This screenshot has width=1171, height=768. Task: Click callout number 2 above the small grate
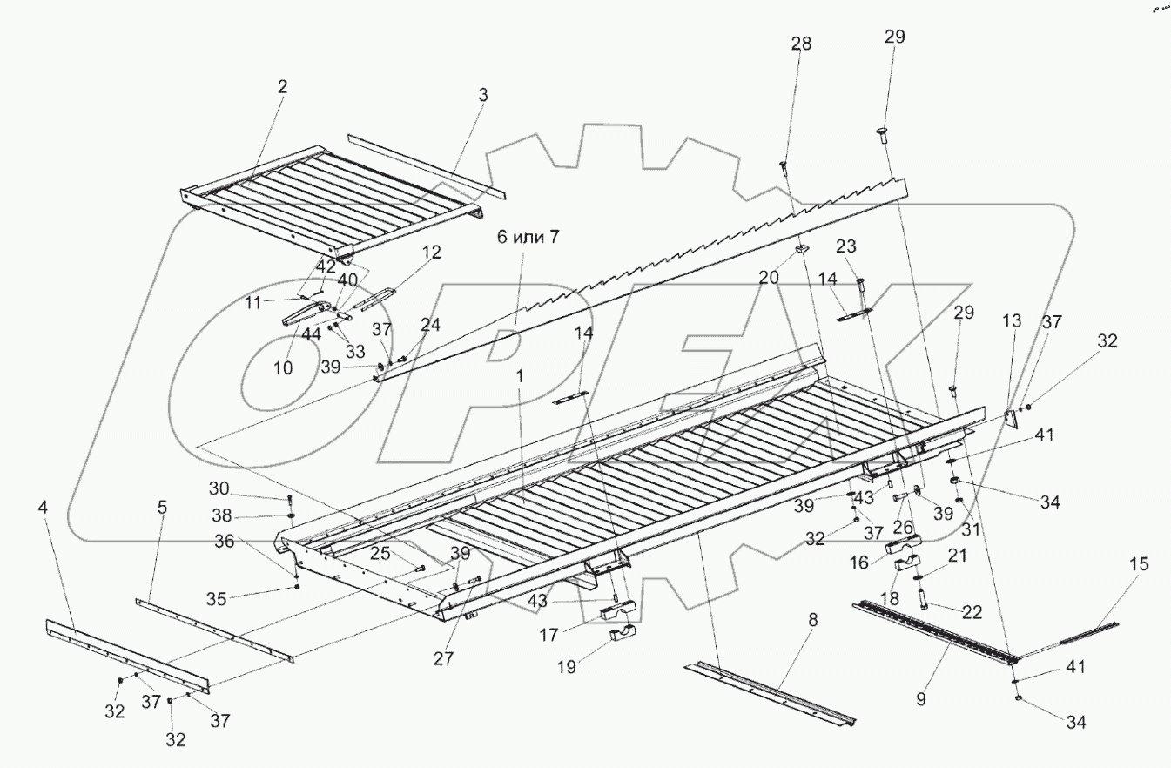pyautogui.click(x=283, y=86)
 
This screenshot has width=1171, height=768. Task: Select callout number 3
pyautogui.click(x=483, y=95)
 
